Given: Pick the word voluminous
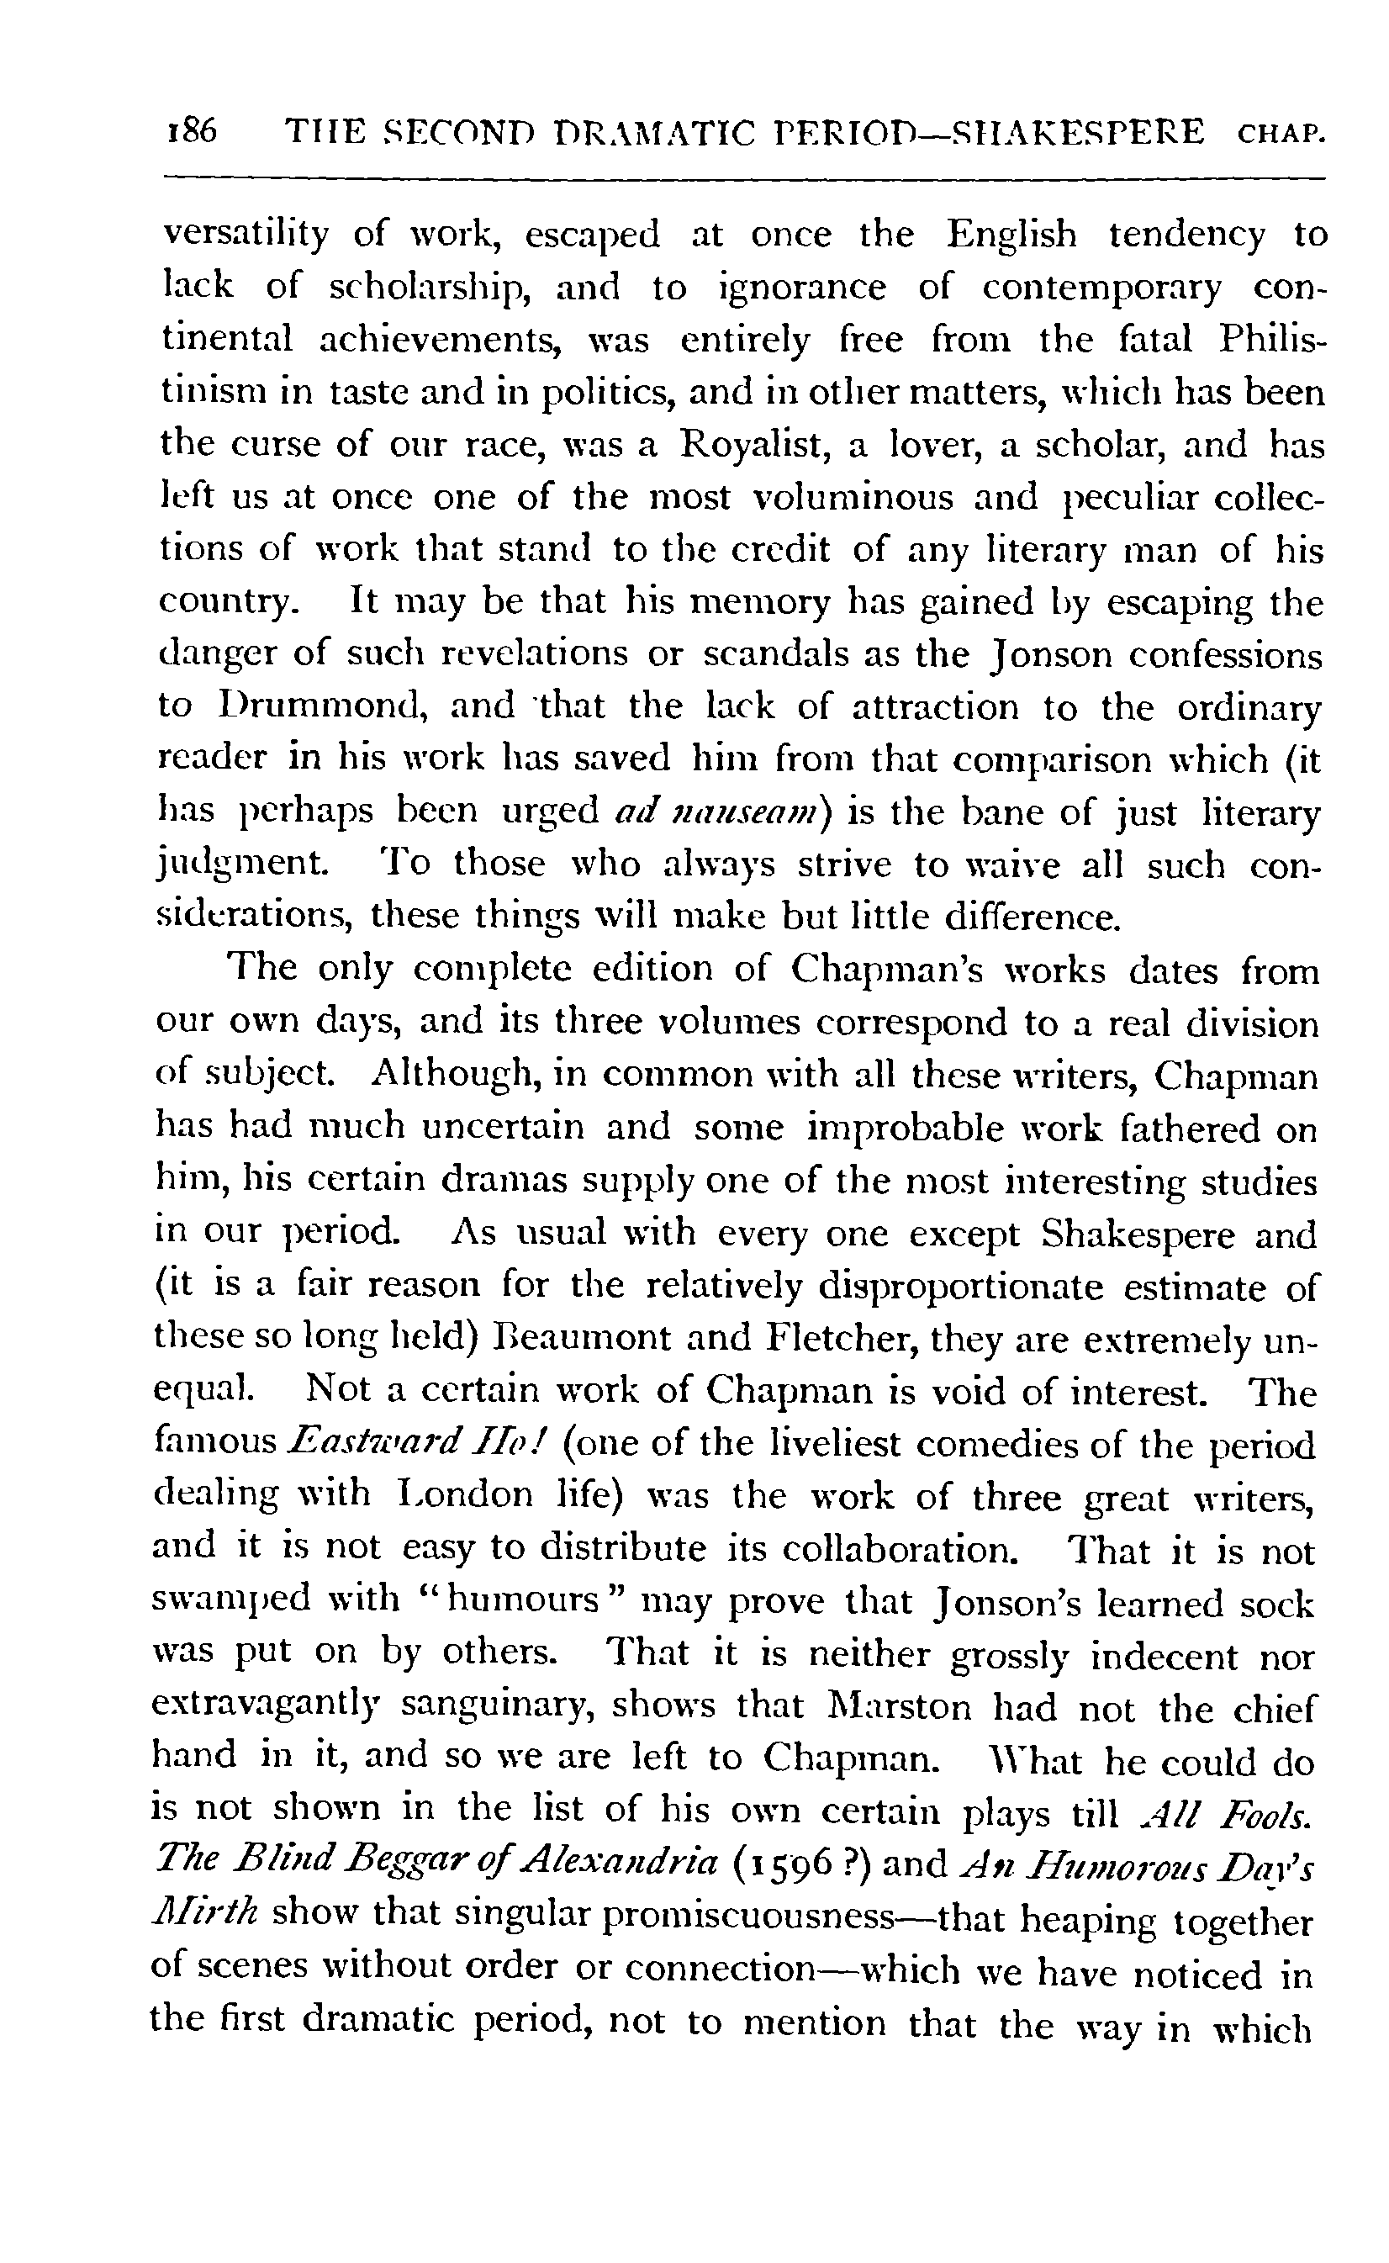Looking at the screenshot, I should click(847, 498).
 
